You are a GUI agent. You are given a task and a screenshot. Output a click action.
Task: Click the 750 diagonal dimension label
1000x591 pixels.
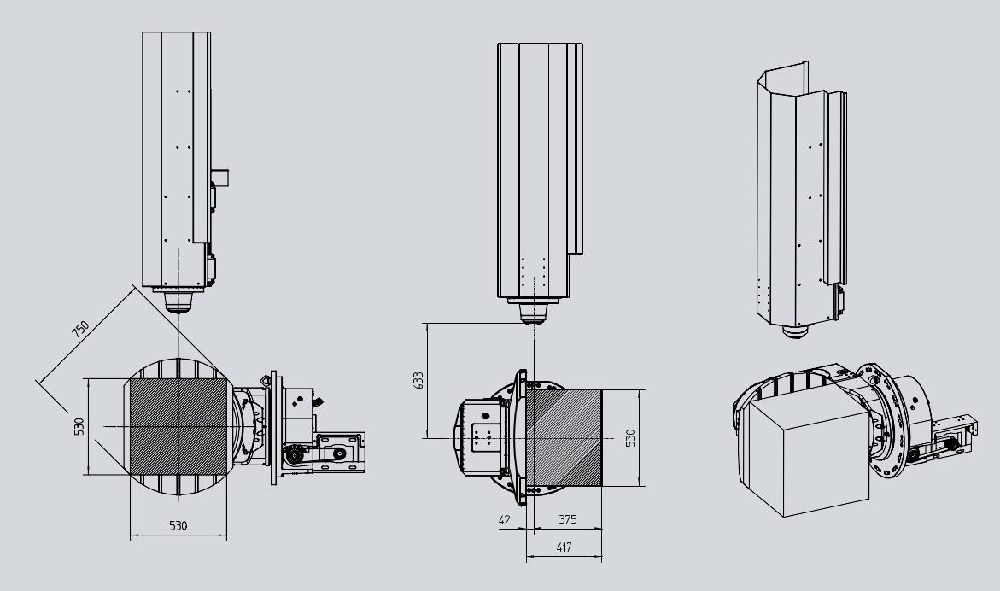click(80, 330)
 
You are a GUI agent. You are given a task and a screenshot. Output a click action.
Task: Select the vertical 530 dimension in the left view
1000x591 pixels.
click(79, 426)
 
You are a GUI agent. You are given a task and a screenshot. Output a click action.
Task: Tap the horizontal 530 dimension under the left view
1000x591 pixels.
click(178, 526)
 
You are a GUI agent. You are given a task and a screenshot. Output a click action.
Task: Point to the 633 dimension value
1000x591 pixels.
click(418, 380)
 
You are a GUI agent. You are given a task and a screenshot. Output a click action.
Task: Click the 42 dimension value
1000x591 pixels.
click(505, 519)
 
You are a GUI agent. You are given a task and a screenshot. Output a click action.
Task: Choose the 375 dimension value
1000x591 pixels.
click(568, 519)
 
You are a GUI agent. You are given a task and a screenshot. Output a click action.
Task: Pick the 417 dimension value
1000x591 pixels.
click(564, 547)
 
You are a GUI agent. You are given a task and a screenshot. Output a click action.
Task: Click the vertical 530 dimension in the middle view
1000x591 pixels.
click(630, 438)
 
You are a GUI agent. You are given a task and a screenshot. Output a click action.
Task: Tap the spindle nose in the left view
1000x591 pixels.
click(178, 301)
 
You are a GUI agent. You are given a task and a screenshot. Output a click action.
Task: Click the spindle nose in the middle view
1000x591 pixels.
click(533, 313)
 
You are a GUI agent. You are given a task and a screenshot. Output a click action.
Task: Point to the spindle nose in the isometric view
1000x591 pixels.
click(795, 331)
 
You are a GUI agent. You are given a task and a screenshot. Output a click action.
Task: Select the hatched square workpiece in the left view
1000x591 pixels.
click(178, 426)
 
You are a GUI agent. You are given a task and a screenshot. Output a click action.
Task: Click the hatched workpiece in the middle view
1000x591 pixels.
click(564, 437)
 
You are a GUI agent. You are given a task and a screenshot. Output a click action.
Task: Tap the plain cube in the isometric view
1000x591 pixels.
click(809, 456)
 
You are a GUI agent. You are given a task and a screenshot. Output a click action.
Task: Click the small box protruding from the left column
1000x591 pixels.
click(220, 178)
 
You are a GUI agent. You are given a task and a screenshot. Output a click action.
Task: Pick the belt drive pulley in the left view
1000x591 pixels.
click(294, 456)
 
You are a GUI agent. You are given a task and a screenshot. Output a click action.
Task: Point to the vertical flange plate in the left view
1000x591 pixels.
click(274, 428)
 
